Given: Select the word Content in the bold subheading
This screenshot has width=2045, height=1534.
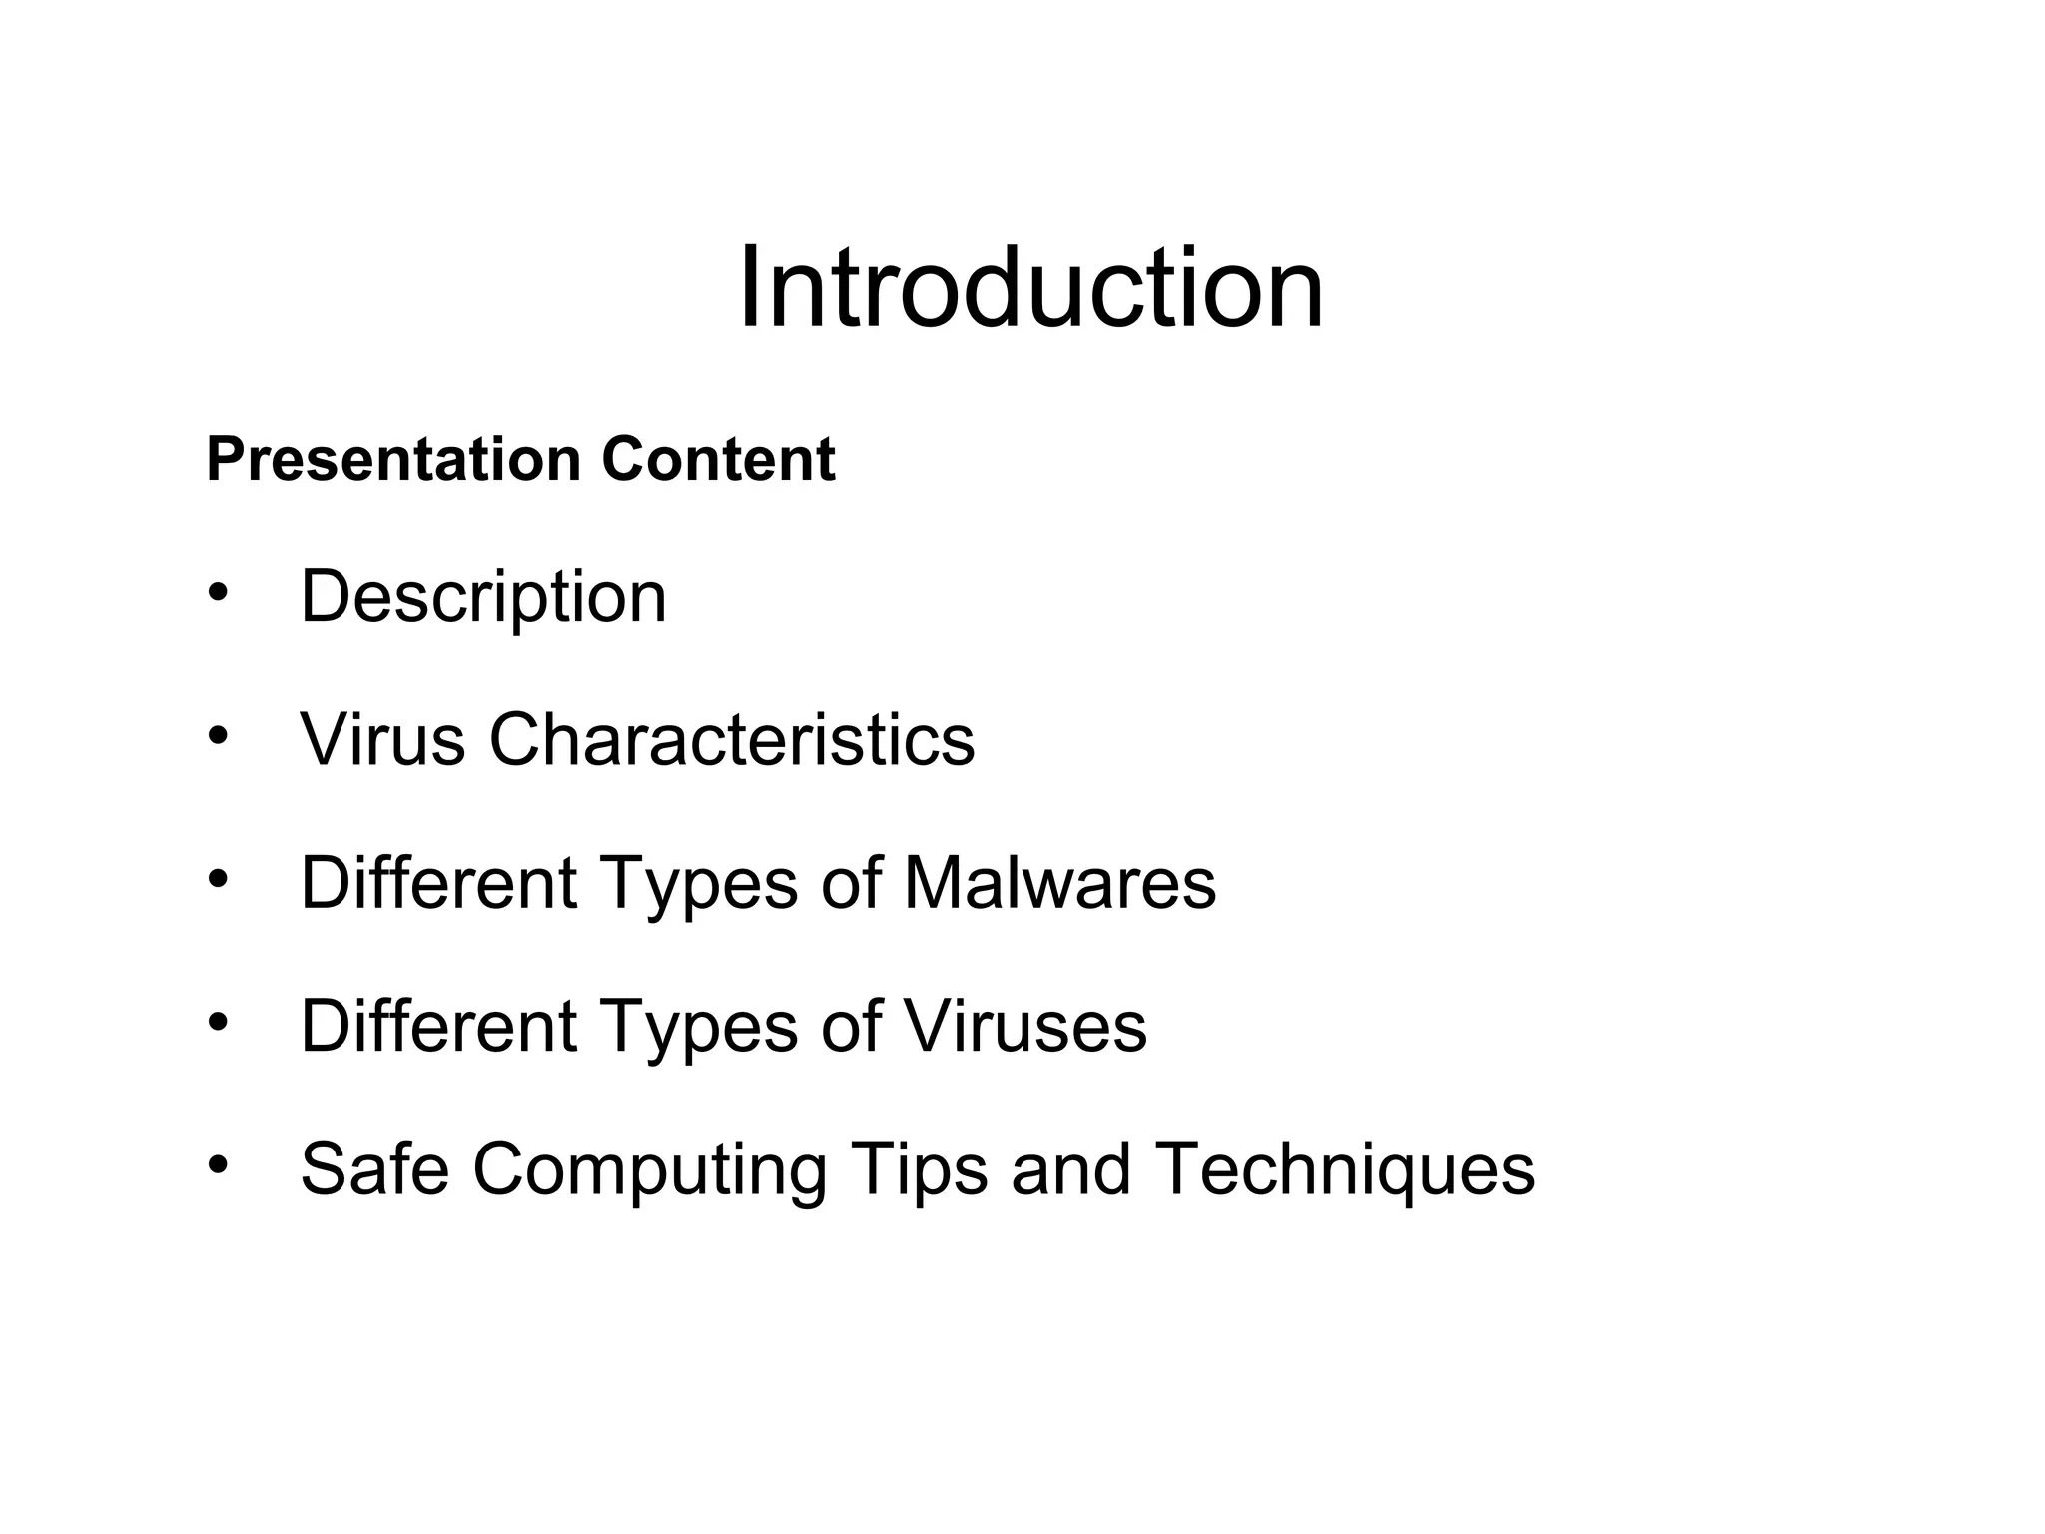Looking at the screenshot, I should [718, 460].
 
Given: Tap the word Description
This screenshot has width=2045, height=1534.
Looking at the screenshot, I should [483, 598].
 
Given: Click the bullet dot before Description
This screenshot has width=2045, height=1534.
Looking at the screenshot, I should [219, 592].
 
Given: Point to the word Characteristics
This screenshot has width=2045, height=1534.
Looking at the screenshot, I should [731, 740].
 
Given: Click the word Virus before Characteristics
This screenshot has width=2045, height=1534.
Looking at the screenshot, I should [382, 740].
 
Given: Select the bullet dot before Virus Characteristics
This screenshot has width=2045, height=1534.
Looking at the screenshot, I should [219, 736].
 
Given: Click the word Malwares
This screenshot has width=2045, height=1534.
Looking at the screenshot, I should [1059, 883].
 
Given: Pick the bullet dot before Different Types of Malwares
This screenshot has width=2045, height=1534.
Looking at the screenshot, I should [219, 879].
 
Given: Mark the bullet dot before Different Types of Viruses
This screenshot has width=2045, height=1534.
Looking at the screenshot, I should [219, 1022].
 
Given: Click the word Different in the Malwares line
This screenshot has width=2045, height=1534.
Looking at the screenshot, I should [438, 883].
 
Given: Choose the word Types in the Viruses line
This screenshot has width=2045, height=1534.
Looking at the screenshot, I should [698, 1028].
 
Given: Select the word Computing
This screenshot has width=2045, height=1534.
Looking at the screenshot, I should [649, 1170].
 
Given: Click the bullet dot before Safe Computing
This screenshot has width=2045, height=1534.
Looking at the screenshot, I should [219, 1164].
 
